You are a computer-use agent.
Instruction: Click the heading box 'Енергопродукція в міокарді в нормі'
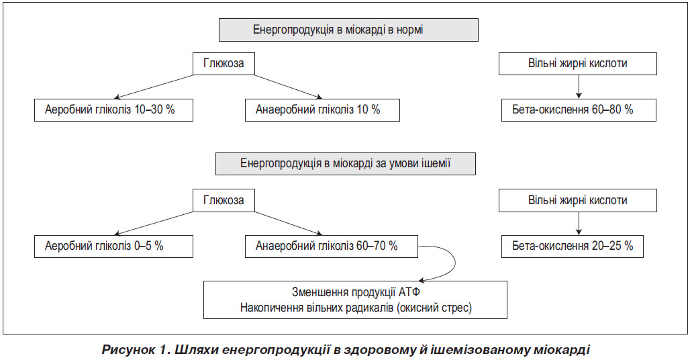pos(348,30)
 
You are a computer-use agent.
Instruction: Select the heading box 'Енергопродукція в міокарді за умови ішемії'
pos(346,164)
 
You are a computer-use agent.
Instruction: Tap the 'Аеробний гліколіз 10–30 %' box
pos(113,110)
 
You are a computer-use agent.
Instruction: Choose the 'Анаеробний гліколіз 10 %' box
pos(323,110)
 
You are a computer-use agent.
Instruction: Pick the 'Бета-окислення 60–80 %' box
pos(579,110)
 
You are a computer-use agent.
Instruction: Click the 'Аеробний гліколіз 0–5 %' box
pos(113,246)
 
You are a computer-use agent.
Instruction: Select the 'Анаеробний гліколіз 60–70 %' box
pos(332,246)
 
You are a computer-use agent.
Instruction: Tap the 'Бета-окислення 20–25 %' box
pos(573,246)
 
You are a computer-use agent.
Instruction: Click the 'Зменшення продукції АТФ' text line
pos(356,292)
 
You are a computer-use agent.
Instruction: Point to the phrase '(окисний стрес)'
pos(434,308)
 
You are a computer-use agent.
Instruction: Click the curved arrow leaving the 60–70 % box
pos(455,263)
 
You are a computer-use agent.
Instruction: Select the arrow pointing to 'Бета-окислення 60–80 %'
pos(579,87)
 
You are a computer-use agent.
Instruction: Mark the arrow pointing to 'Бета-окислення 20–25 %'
pos(579,224)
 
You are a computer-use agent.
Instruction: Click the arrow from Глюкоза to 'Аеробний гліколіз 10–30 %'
pos(154,87)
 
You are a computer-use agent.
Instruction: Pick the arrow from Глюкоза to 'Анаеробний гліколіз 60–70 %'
pos(289,224)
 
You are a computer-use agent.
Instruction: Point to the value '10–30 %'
pos(155,109)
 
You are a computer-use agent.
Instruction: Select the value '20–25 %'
pos(613,246)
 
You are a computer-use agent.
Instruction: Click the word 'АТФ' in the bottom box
pos(409,292)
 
